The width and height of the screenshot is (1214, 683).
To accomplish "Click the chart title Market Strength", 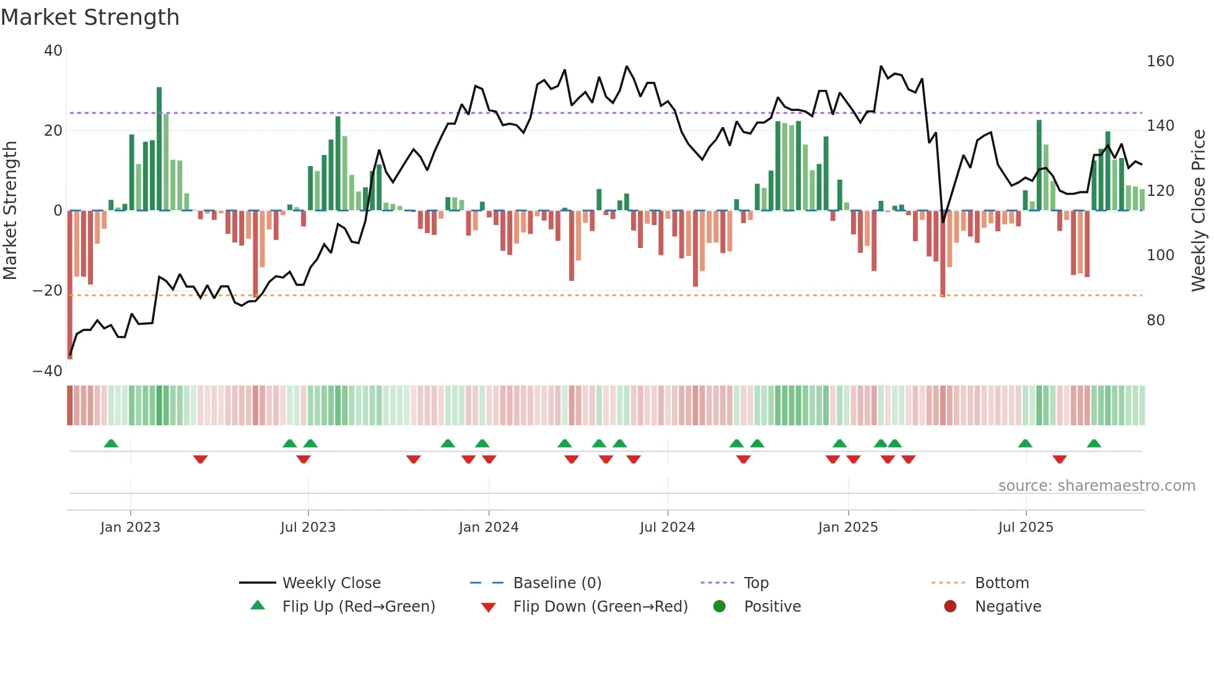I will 90,17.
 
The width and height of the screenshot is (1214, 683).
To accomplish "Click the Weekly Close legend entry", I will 331,583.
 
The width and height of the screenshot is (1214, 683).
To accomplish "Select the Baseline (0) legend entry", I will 557,583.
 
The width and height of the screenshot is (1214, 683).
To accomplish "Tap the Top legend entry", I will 756,583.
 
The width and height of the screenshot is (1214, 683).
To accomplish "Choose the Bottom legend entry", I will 1002,583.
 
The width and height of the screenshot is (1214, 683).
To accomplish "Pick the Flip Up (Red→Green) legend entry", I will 358,606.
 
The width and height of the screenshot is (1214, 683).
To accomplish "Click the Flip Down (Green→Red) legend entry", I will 600,606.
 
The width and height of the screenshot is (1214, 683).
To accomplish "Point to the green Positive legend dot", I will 719,606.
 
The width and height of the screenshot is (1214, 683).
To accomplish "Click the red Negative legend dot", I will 950,606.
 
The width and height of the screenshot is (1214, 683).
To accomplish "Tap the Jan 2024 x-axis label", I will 489,527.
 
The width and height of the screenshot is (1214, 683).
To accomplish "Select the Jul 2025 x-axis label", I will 1026,527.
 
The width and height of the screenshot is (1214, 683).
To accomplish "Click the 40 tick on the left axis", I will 53,51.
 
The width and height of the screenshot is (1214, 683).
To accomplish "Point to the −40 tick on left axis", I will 48,371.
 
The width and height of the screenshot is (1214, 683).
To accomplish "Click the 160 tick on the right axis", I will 1160,61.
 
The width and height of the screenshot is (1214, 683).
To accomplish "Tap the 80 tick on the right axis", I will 1156,320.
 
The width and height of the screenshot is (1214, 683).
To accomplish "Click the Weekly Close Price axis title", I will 1199,211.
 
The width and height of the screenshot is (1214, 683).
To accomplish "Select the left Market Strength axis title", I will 11,211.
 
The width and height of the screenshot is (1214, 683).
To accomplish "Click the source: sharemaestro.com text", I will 1096,486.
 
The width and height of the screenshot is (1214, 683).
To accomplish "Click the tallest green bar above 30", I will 159,149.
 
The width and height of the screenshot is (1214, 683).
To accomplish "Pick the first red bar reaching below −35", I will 70,285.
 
